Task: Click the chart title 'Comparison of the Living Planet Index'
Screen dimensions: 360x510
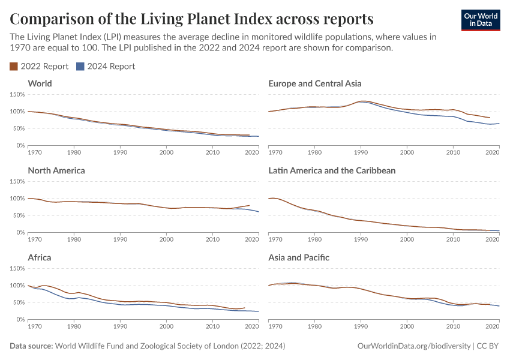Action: [x=191, y=17]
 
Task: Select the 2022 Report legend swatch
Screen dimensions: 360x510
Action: [x=14, y=67]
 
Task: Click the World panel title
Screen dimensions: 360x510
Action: [x=40, y=83]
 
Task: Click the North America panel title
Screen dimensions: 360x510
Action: [x=56, y=170]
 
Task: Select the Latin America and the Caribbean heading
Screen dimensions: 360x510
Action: [x=332, y=170]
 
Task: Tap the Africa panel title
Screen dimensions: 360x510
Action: [x=40, y=257]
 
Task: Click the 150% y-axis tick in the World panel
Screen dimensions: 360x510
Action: [x=17, y=94]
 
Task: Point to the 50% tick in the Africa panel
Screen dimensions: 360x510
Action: [x=19, y=302]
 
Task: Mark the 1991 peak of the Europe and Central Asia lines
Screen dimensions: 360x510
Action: [x=362, y=101]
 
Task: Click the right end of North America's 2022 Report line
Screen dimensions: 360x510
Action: [x=249, y=205]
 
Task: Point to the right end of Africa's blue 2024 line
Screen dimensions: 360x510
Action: [x=258, y=311]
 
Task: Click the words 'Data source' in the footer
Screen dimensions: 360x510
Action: [x=31, y=346]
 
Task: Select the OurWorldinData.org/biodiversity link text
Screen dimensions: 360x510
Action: [x=413, y=346]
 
